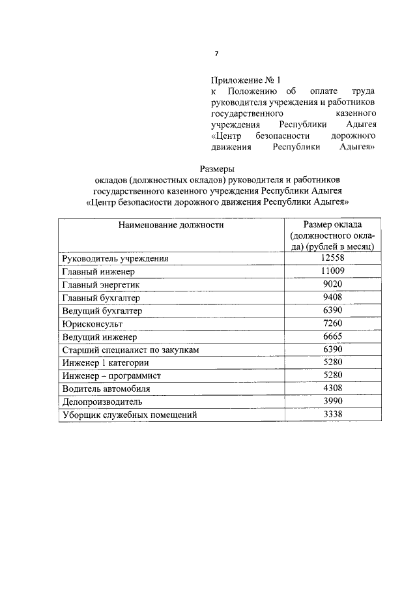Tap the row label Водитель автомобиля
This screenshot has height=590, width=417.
(106, 389)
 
